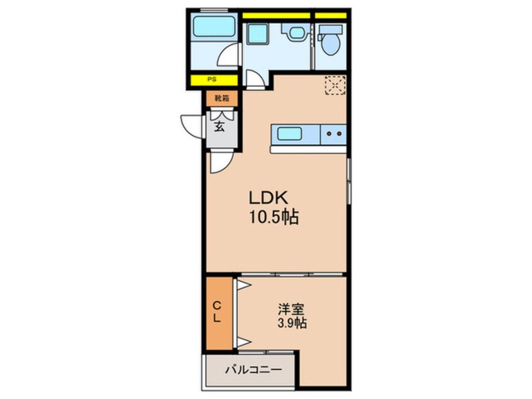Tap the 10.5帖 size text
[274, 216]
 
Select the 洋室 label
[291, 310]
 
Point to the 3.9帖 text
[292, 323]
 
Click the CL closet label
[217, 312]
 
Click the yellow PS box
[214, 80]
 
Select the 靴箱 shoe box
[222, 98]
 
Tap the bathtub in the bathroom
[214, 26]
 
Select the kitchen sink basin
[289, 134]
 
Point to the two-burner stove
[333, 134]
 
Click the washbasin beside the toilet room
[295, 33]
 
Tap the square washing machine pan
[258, 34]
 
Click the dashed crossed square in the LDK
[335, 85]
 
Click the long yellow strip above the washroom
[277, 16]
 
